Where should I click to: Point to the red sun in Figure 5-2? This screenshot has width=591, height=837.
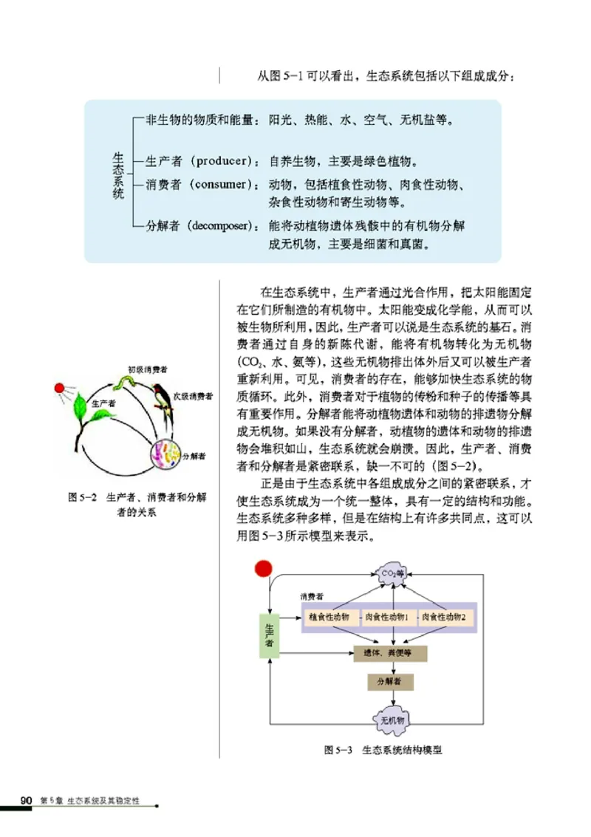(60, 387)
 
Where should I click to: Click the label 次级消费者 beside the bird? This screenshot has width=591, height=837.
(193, 397)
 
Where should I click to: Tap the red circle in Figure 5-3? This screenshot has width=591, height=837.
(263, 568)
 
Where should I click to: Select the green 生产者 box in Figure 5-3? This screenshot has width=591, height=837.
(269, 635)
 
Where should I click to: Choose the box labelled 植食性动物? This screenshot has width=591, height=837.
(329, 617)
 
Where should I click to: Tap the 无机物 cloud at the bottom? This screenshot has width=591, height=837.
(392, 720)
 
